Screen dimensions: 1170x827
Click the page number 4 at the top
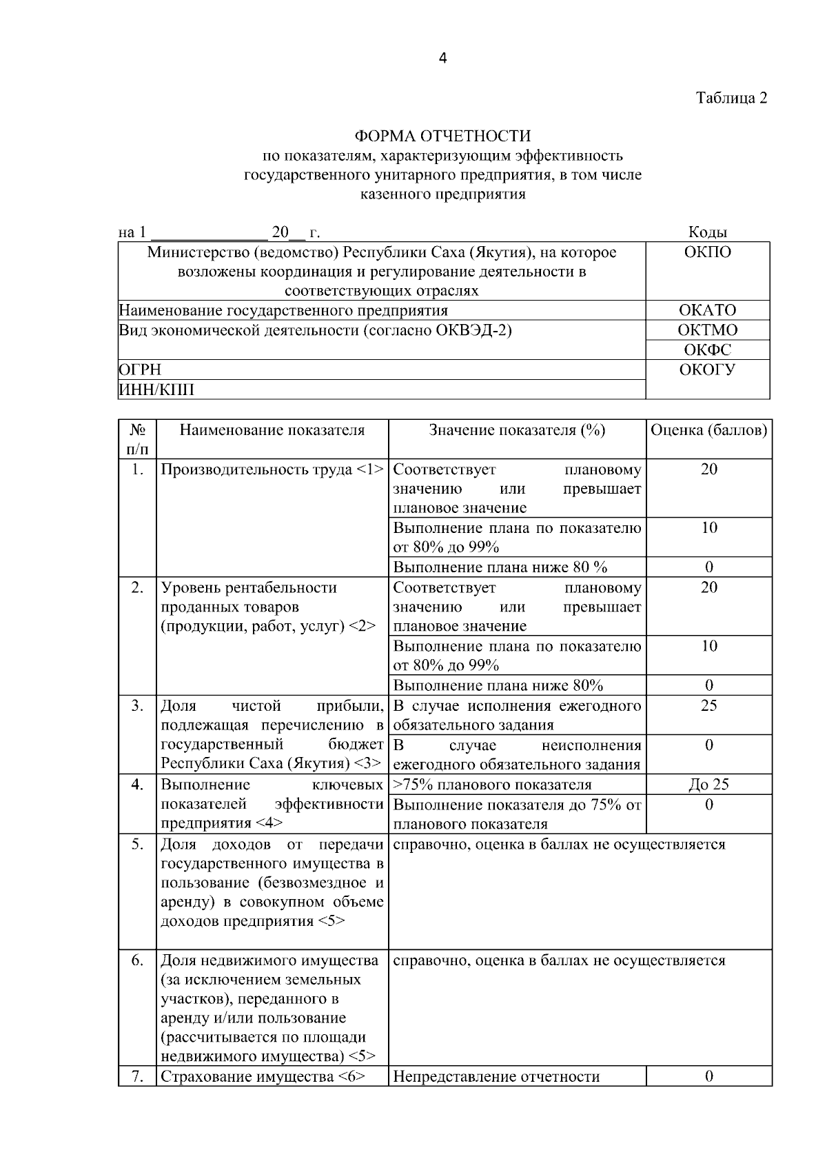[x=442, y=59]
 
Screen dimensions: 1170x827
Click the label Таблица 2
[x=731, y=98]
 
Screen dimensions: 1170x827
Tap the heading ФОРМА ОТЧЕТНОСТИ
[x=442, y=137]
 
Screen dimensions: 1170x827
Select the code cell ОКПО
[x=707, y=252]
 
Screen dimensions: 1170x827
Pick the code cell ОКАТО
[x=707, y=310]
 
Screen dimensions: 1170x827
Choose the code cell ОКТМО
[x=707, y=330]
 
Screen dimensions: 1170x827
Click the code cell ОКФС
[x=707, y=350]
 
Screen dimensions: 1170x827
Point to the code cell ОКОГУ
[x=707, y=370]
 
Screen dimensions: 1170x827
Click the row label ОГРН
[x=140, y=370]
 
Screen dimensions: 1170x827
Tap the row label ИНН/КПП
[x=156, y=390]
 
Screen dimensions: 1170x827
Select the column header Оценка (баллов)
[x=708, y=431]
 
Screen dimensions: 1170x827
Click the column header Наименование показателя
[x=272, y=431]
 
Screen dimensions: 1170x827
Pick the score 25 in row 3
[x=708, y=705]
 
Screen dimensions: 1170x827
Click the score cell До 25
[x=708, y=785]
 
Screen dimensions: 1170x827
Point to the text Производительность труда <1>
[x=272, y=470]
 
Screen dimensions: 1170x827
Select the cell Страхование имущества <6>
[x=263, y=1076]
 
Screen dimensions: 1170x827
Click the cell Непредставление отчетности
[x=496, y=1076]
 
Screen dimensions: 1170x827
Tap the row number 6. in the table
[x=138, y=960]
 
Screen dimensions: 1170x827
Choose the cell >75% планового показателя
[x=492, y=785]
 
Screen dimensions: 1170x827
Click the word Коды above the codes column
[x=708, y=232]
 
